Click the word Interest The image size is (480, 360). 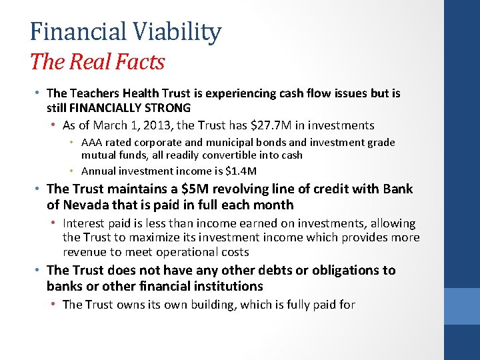tap(84, 223)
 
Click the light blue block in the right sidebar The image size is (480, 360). tap(462, 306)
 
